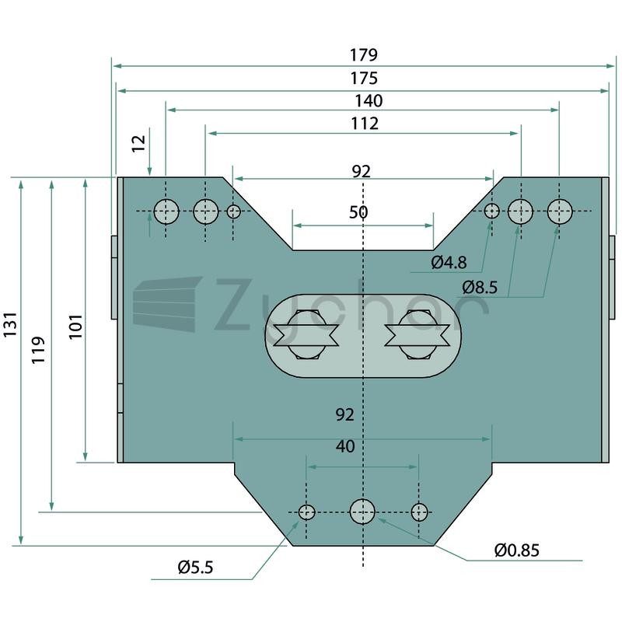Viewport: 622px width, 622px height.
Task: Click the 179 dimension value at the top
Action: point(363,54)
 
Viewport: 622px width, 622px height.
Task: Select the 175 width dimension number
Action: point(364,79)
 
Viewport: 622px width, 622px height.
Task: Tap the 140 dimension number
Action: point(369,101)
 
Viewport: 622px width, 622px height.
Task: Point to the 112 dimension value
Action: point(365,124)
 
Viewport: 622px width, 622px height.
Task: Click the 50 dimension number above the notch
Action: point(358,212)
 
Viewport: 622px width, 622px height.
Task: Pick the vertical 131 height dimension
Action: point(10,324)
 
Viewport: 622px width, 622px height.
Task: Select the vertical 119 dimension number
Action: point(38,350)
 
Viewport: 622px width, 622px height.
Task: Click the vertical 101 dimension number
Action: point(75,327)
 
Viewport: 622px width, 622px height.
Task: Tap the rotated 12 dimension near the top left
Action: point(139,143)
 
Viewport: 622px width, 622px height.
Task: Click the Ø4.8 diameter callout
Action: point(449,262)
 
